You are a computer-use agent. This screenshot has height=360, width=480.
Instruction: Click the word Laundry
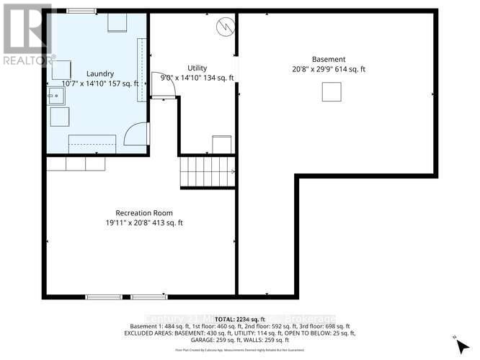(100, 74)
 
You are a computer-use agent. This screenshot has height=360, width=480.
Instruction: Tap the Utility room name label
(197, 68)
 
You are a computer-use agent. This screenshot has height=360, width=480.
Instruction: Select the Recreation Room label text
(144, 212)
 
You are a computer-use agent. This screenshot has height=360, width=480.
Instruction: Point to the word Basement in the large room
(329, 59)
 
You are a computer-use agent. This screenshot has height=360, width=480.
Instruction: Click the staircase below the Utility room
(208, 171)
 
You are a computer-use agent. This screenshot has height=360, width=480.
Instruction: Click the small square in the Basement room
(331, 91)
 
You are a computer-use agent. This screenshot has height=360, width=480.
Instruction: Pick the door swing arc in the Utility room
(158, 85)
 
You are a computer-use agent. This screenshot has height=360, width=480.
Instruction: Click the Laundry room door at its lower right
(137, 134)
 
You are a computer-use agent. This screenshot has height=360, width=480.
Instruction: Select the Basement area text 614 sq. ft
(352, 69)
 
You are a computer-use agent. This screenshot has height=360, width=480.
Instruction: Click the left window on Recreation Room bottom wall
(104, 296)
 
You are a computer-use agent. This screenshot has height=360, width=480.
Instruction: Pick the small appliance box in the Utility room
(221, 144)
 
